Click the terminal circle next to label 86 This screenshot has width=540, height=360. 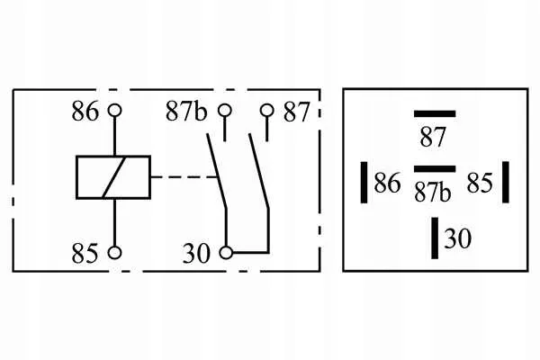click(x=114, y=111)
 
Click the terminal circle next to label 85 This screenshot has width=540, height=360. click(x=114, y=253)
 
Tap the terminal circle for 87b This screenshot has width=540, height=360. click(x=225, y=111)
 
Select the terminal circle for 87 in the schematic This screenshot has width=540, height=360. click(x=267, y=111)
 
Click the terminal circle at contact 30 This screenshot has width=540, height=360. click(x=226, y=253)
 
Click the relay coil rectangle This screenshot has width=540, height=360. click(x=113, y=177)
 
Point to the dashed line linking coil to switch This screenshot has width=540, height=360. click(x=184, y=177)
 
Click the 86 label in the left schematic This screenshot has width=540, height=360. click(x=85, y=112)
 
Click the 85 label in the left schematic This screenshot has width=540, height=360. click(x=85, y=253)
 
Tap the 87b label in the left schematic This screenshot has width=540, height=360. click(x=186, y=112)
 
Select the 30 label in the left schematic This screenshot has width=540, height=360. click(x=196, y=254)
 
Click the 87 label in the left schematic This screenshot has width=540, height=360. click(x=296, y=112)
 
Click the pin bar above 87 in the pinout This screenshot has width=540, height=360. click(x=435, y=114)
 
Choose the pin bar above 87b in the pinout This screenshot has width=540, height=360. click(x=435, y=169)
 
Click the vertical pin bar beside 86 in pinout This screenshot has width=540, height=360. click(x=364, y=183)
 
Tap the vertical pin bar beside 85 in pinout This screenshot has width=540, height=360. click(x=506, y=182)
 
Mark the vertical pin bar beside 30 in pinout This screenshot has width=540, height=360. click(x=435, y=238)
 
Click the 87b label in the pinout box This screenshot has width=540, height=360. click(x=433, y=192)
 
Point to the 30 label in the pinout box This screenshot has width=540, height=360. click(x=458, y=238)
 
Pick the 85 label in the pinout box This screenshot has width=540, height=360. click(x=480, y=183)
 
